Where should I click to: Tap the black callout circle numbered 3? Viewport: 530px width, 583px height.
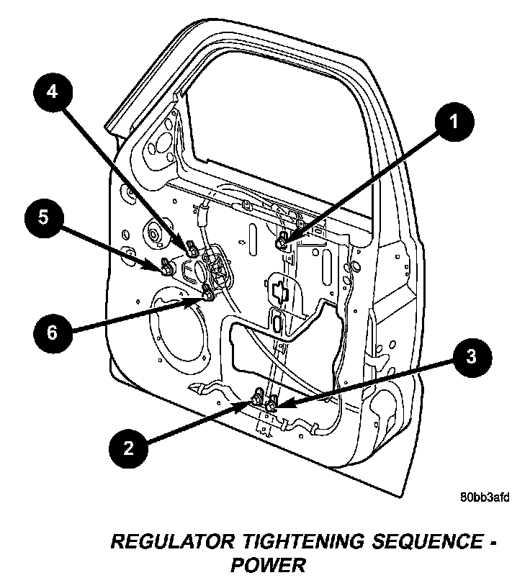click(x=470, y=356)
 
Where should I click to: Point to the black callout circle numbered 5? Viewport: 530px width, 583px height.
click(x=44, y=217)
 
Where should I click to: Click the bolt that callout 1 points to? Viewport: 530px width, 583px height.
click(x=283, y=240)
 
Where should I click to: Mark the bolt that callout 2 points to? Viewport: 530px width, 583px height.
click(x=258, y=398)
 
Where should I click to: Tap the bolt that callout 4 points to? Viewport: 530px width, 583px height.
click(x=192, y=249)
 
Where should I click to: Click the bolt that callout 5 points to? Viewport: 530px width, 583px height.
click(x=166, y=268)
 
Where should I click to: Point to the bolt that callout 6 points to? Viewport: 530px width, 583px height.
click(x=208, y=292)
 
